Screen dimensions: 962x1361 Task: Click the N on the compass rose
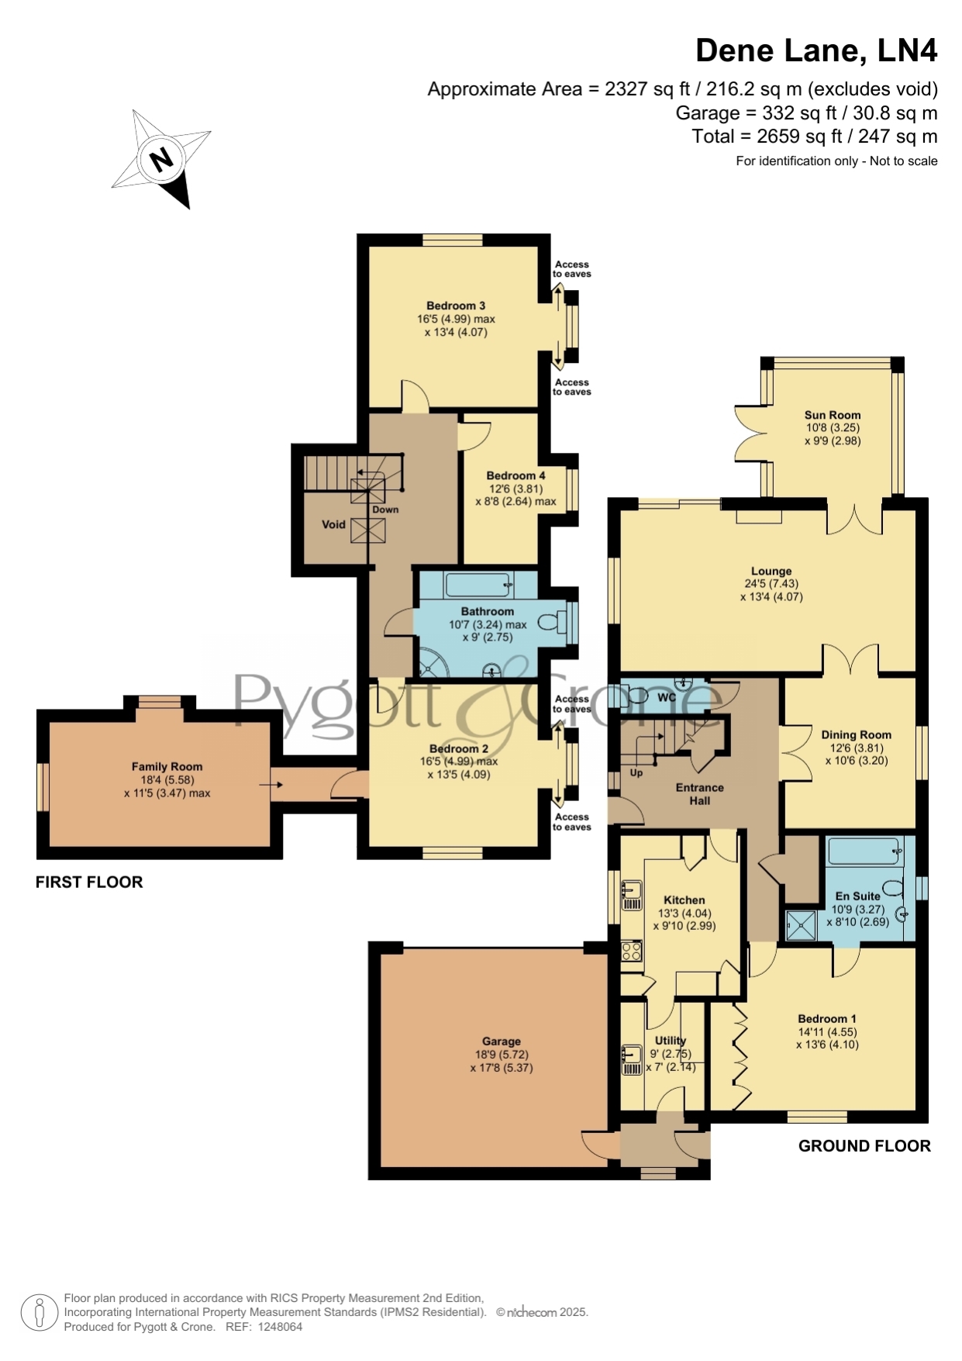click(x=161, y=160)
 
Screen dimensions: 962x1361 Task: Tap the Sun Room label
click(x=833, y=415)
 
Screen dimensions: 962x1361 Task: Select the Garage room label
click(x=502, y=1041)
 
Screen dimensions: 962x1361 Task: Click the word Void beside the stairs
click(x=333, y=524)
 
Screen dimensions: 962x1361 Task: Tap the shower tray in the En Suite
click(x=802, y=925)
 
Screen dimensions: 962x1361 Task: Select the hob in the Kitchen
click(x=632, y=951)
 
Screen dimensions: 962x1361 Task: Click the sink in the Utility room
click(x=632, y=1060)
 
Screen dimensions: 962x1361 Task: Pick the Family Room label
click(x=167, y=766)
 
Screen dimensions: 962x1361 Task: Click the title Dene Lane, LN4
click(x=816, y=50)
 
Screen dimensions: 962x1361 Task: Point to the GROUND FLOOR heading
click(x=864, y=1145)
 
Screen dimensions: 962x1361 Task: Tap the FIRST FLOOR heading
click(x=89, y=882)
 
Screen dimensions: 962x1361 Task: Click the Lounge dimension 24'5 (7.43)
click(x=771, y=584)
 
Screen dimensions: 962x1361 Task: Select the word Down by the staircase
click(x=385, y=510)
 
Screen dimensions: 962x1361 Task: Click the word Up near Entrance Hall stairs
click(x=636, y=772)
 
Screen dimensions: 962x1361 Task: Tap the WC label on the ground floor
click(x=667, y=697)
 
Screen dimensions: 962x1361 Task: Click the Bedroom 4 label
click(x=515, y=475)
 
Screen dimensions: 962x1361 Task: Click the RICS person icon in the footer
click(x=39, y=1312)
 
